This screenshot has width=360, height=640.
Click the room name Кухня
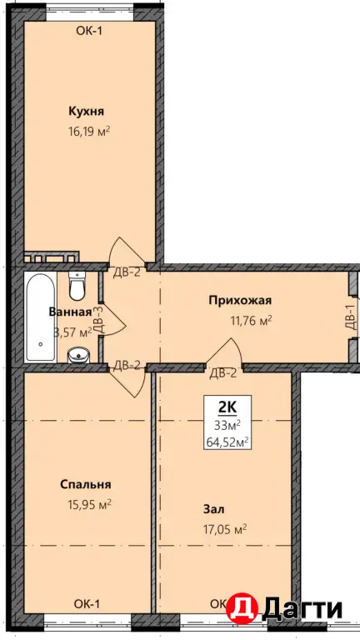click(x=87, y=111)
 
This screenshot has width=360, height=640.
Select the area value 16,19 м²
click(x=89, y=131)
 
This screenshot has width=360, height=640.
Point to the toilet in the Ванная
click(x=77, y=287)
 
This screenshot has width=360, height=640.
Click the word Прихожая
click(x=240, y=301)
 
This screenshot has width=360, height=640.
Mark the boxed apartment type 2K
click(x=226, y=407)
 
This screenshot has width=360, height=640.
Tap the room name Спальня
click(x=86, y=484)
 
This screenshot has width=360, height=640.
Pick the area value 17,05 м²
click(x=224, y=527)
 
